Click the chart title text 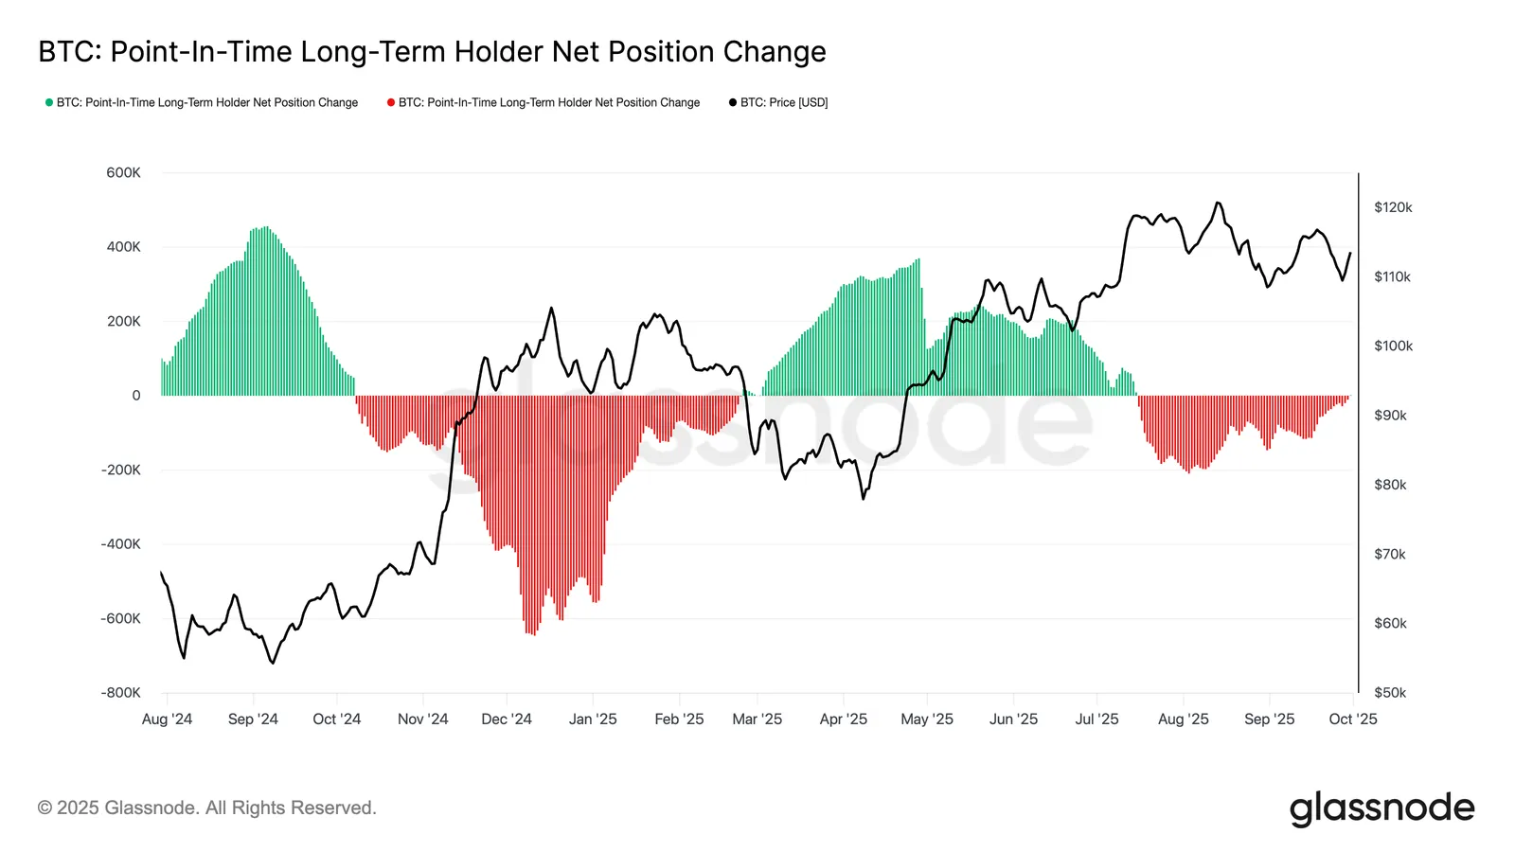click(432, 52)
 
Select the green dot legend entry click(202, 102)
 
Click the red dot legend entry click(544, 102)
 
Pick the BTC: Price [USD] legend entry click(778, 102)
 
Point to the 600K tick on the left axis click(123, 172)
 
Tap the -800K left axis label click(120, 692)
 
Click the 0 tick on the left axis click(136, 396)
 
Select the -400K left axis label click(120, 544)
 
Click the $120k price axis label click(1393, 207)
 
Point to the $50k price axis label click(1390, 692)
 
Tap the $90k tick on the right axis click(1390, 416)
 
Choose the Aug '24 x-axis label click(167, 719)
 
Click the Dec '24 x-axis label click(507, 719)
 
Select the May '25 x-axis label click(927, 719)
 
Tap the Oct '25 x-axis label click(1353, 719)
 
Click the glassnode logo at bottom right click(1381, 808)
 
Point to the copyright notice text click(206, 808)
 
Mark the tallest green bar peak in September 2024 click(266, 228)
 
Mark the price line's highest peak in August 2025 click(1218, 203)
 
